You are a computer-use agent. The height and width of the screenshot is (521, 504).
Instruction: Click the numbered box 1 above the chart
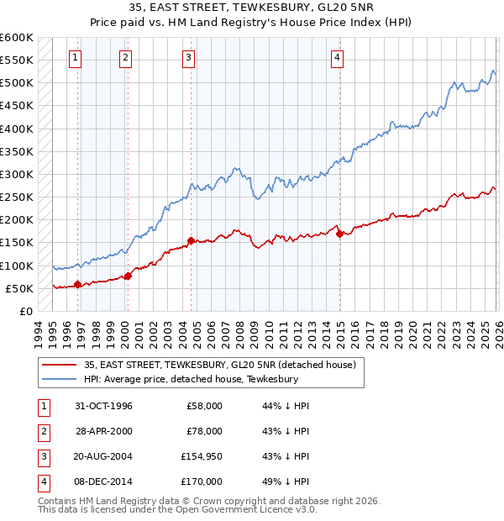click(76, 57)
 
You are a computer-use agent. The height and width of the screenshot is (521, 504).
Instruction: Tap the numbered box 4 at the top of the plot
click(336, 57)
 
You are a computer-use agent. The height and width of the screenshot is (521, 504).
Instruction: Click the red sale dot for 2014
click(339, 234)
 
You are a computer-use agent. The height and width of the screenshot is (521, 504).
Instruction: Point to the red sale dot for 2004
click(191, 240)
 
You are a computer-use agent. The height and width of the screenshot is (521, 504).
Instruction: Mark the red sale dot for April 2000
click(128, 276)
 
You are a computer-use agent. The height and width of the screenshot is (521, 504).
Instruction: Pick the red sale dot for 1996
click(78, 285)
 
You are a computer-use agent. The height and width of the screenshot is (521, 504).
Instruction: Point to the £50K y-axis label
click(19, 288)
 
